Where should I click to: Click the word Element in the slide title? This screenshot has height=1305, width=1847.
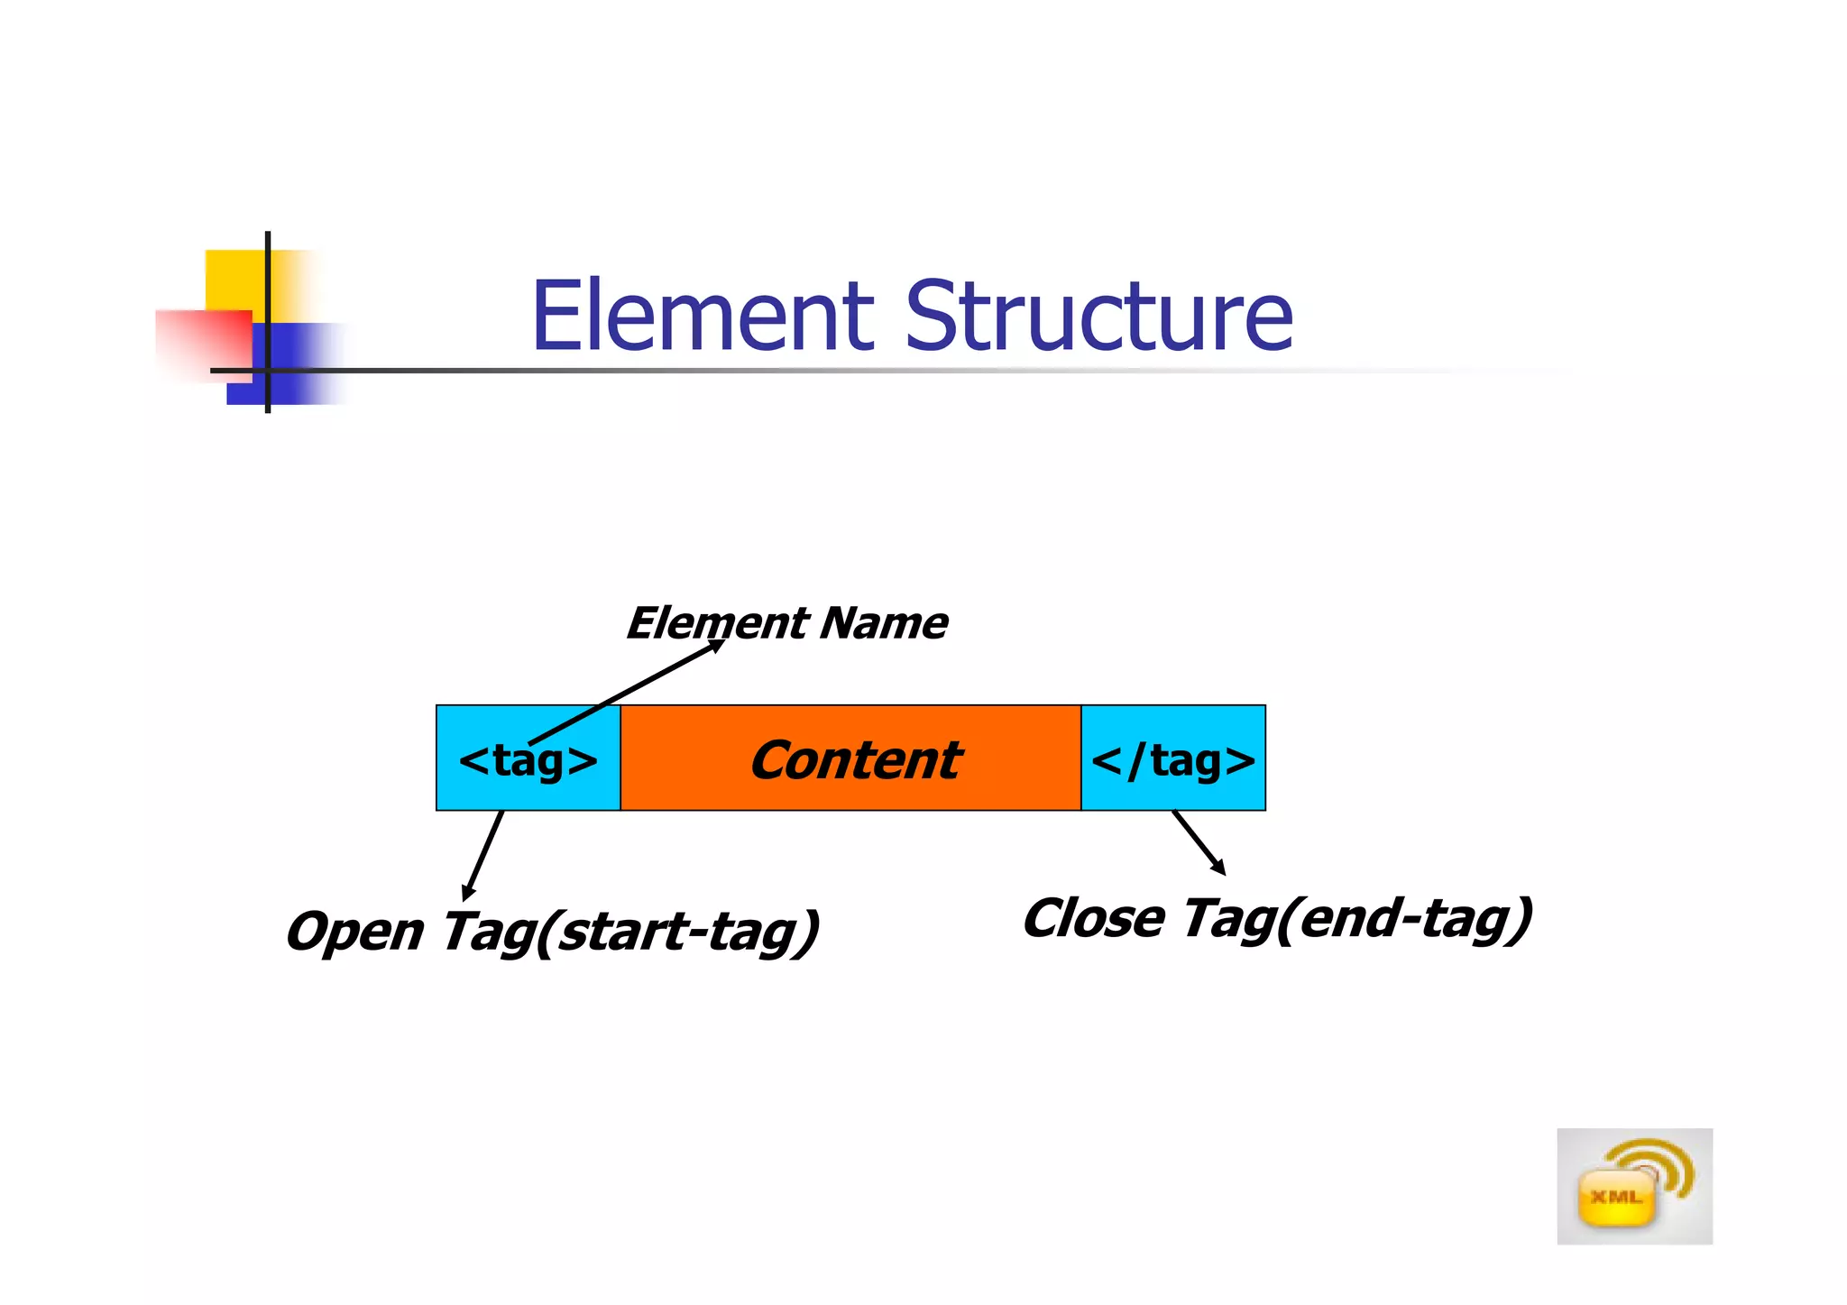[702, 317]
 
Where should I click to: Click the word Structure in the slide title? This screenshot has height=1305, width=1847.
[1098, 317]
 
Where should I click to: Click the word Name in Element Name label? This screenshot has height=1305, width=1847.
[884, 623]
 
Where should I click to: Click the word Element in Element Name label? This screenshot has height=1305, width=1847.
[717, 623]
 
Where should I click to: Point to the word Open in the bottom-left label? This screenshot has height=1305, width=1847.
[354, 933]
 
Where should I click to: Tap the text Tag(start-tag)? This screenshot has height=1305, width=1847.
[629, 933]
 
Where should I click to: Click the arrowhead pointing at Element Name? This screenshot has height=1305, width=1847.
[717, 645]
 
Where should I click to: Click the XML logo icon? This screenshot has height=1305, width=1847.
[1633, 1186]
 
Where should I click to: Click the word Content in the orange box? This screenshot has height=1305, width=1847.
[854, 759]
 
